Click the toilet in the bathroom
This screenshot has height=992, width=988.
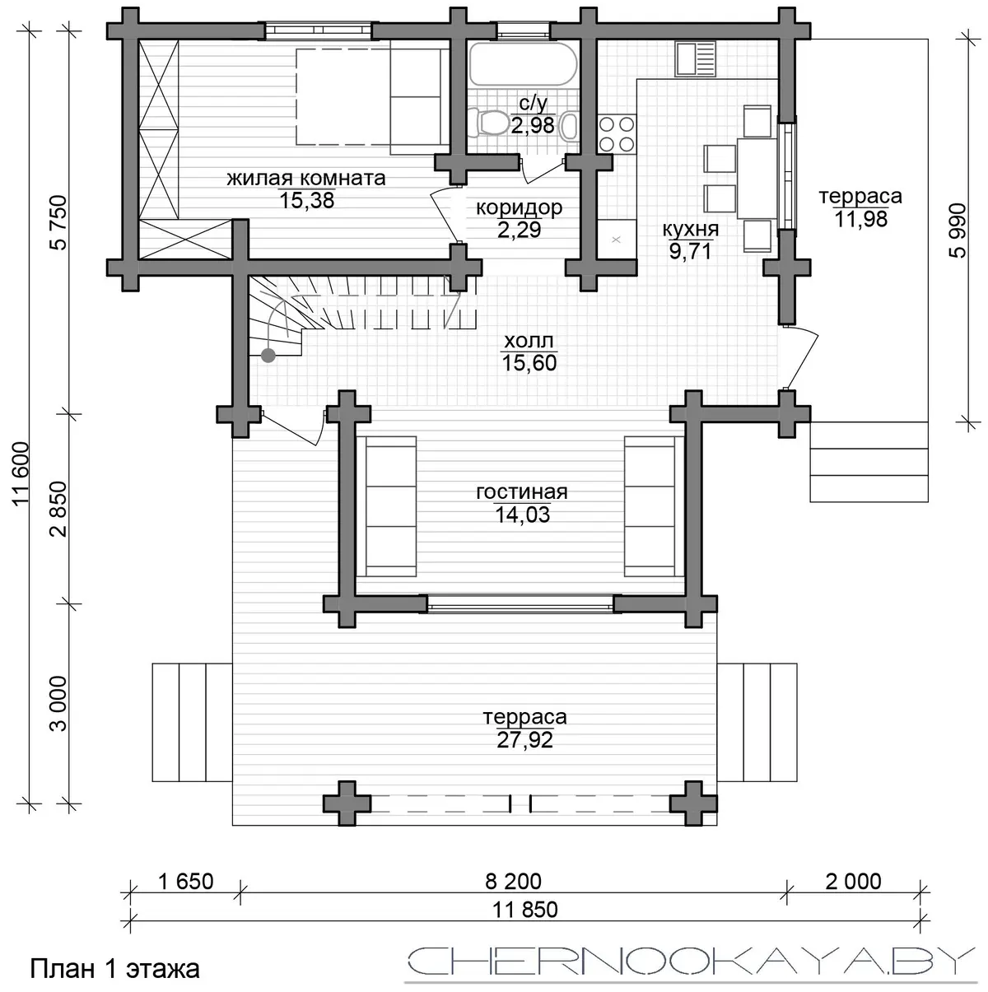pos(492,123)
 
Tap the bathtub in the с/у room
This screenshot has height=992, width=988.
pos(523,64)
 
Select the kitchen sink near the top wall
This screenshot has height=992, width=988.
pos(695,58)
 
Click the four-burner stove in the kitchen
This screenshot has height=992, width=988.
pos(617,134)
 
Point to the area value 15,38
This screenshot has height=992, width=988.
pos(307,200)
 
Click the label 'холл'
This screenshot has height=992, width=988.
pos(529,340)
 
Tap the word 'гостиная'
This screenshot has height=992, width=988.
pos(522,492)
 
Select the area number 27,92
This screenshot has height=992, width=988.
pos(524,740)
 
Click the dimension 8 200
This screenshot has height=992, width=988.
pos(513,882)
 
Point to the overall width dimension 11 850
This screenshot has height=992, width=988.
pos(525,910)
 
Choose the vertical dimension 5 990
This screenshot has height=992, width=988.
pos(958,231)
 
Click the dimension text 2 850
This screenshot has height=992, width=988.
pos(58,509)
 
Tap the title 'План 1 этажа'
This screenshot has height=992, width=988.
pos(114,969)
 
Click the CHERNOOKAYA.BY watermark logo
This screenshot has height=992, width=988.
pos(689,961)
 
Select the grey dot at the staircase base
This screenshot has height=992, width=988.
pos(268,355)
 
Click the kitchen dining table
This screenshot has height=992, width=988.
pos(757,178)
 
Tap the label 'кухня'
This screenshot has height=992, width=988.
pos(691,229)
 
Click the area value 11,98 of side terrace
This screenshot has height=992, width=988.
pos(861,219)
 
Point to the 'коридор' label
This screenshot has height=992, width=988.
pos(519,207)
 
